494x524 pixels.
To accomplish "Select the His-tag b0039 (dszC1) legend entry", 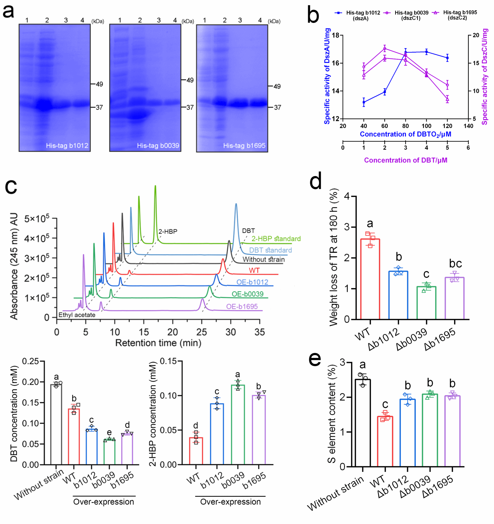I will coord(411,15).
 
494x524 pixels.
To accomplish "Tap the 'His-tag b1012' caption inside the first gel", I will coord(67,145).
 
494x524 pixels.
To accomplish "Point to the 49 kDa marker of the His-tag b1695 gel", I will coord(277,86).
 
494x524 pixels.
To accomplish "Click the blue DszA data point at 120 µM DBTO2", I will coord(447,58).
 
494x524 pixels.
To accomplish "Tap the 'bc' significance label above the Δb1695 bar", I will coord(455,264).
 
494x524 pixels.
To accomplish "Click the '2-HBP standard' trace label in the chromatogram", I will coord(276,239).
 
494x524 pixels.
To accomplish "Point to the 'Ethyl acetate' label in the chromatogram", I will coord(77,315).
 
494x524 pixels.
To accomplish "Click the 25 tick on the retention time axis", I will coord(202,332).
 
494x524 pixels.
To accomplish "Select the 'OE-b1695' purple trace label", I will coord(242,306).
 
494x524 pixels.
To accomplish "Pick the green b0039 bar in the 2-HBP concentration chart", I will coord(238,424).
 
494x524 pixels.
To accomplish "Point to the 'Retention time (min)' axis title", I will coord(158,343).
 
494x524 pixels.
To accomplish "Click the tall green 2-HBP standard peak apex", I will coord(155,186).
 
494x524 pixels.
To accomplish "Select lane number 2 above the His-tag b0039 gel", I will coord(140,20).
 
